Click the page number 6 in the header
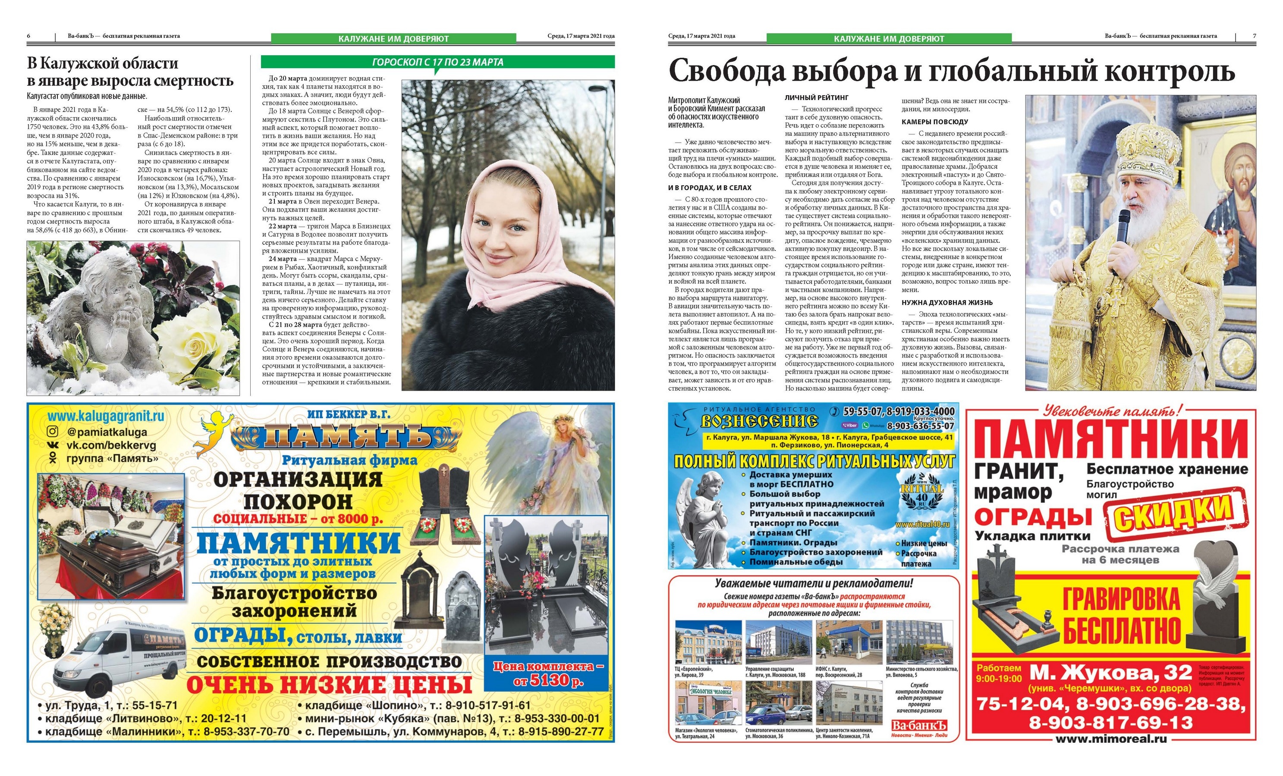pos(28,36)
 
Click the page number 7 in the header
pos(1255,36)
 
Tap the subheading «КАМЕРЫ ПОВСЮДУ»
pos(935,122)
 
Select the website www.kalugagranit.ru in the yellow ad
pos(106,416)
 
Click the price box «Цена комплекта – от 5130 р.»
pos(548,673)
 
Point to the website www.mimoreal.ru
pos(1110,738)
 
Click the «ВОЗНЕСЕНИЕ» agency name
pos(759,420)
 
